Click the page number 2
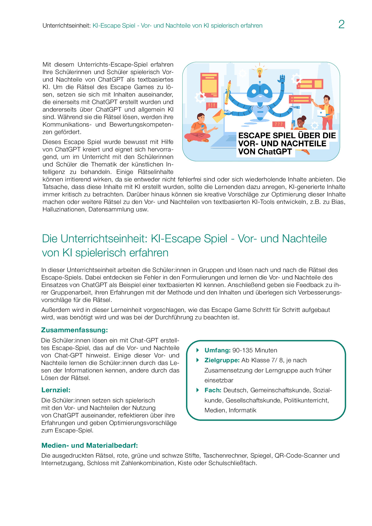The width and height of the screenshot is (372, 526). pyautogui.click(x=341, y=24)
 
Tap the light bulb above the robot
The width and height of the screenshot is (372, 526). pyautogui.click(x=260, y=72)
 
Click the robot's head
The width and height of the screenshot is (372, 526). pyautogui.click(x=259, y=92)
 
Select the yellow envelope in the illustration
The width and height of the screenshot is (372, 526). pyautogui.click(x=219, y=115)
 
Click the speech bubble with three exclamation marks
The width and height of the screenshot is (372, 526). pyautogui.click(x=211, y=106)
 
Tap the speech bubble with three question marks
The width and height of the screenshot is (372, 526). pyautogui.click(x=278, y=124)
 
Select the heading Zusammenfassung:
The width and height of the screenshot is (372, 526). pyautogui.click(x=74, y=330)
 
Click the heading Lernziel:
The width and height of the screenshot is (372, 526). pyautogui.click(x=56, y=390)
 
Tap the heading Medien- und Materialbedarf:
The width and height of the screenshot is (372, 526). pyautogui.click(x=90, y=446)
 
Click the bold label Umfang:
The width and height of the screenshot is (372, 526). pyautogui.click(x=217, y=350)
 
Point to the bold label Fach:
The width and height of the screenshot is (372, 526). pyautogui.click(x=213, y=390)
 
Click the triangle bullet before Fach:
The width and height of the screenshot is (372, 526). pyautogui.click(x=198, y=390)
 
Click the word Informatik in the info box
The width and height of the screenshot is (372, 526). pyautogui.click(x=243, y=410)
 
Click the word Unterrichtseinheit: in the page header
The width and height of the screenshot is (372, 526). pyautogui.click(x=67, y=26)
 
